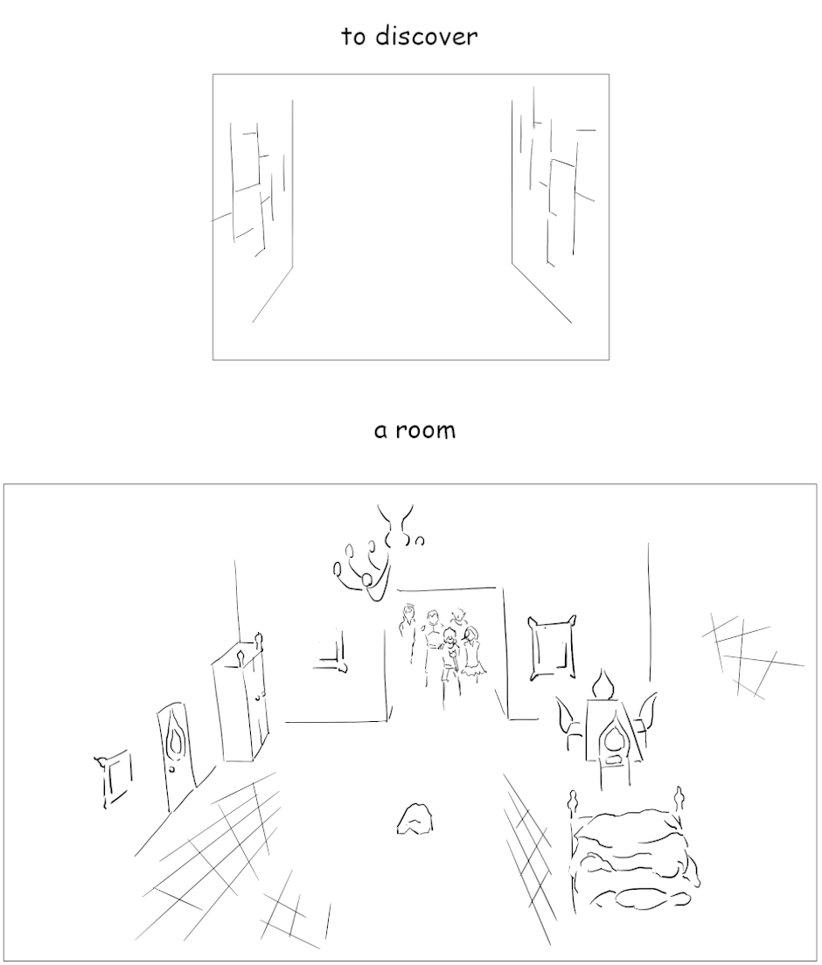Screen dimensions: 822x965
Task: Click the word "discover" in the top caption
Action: click(x=426, y=37)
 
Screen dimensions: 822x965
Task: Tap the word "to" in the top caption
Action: click(x=353, y=37)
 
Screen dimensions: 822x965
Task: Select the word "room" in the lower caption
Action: click(x=426, y=430)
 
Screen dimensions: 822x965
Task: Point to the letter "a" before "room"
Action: click(x=380, y=431)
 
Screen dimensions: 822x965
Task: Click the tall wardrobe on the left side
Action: click(x=240, y=702)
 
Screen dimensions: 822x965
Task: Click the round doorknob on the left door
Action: click(x=173, y=769)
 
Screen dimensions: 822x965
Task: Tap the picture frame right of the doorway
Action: click(x=553, y=648)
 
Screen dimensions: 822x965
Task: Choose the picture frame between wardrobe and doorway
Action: click(x=332, y=651)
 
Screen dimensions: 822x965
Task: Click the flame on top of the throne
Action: click(x=603, y=684)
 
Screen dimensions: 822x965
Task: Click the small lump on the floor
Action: click(x=415, y=821)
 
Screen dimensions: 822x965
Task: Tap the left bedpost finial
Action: click(x=574, y=802)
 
